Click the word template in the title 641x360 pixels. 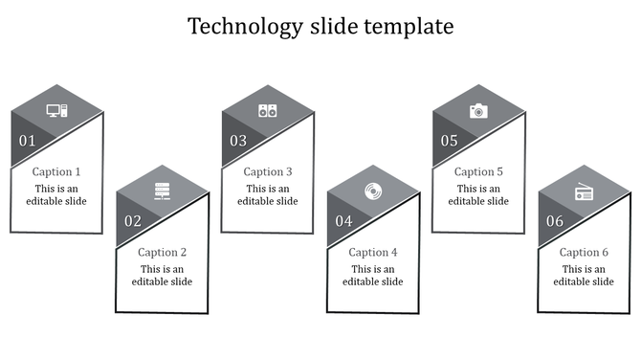409,27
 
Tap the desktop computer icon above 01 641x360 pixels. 56,111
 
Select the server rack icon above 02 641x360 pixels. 162,191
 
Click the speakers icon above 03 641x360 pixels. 267,111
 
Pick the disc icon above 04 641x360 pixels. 372,191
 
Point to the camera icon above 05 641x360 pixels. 477,111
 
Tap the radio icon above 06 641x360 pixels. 584,192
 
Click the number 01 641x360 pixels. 27,142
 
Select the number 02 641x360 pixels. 132,222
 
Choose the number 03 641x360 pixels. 237,142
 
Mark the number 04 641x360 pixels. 343,222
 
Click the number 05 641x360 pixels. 449,142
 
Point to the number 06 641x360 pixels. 554,222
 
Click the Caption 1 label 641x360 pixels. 56,172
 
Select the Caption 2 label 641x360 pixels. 162,253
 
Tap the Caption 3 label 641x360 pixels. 268,172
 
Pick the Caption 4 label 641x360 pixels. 373,253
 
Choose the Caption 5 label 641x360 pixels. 478,172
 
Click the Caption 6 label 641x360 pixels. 584,253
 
